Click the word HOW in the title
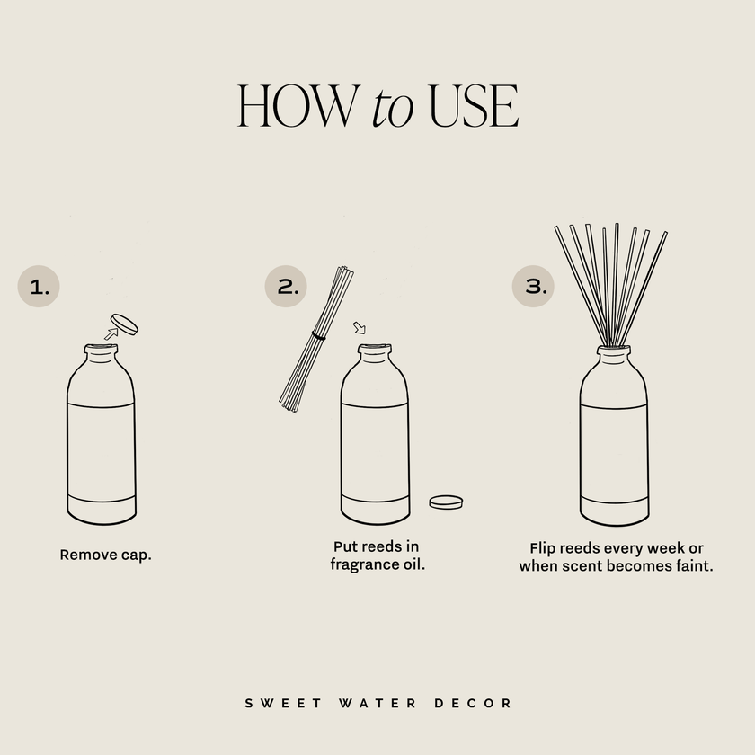[298, 107]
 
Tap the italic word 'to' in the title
[392, 109]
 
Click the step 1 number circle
[40, 287]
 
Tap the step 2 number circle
[287, 287]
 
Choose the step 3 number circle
[534, 287]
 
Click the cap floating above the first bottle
[124, 323]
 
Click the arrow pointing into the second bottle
[360, 327]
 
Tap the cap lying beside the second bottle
[446, 502]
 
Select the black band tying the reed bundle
[317, 335]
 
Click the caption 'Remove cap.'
[106, 555]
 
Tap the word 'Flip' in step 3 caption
[545, 548]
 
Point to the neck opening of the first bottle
[101, 348]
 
